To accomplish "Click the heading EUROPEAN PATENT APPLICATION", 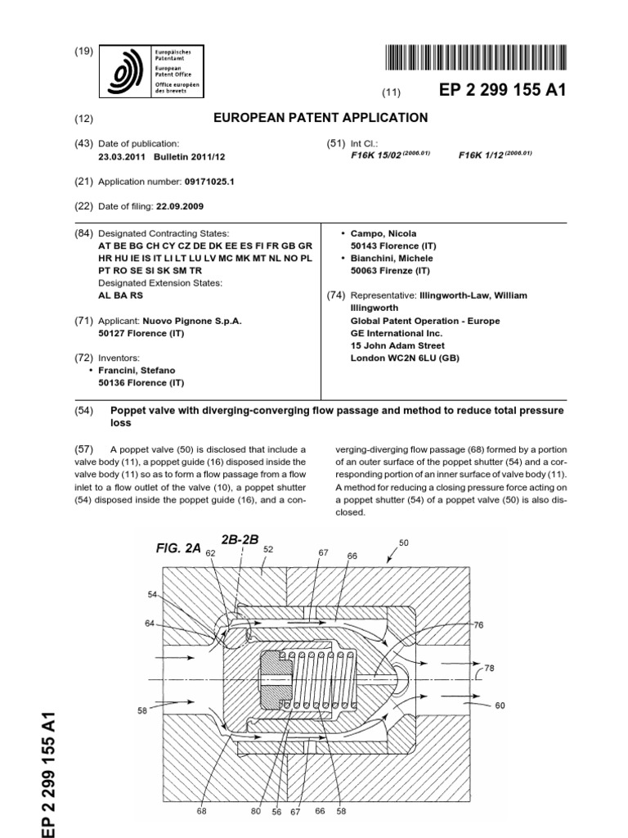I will click(321, 118).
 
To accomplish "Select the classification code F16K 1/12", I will click(484, 155).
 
